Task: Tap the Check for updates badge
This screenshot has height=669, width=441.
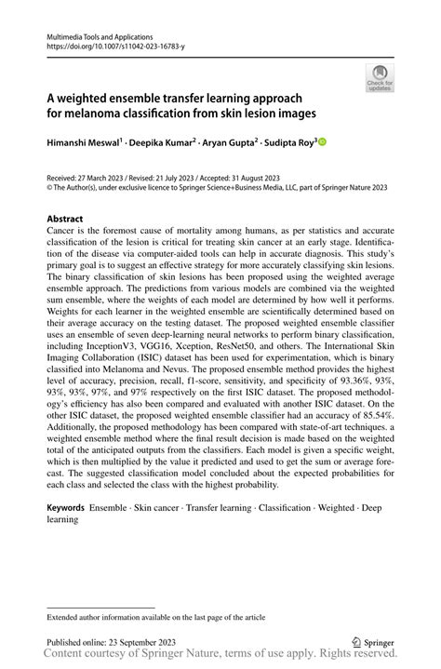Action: pyautogui.click(x=379, y=80)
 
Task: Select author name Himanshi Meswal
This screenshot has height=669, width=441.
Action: pyautogui.click(x=87, y=143)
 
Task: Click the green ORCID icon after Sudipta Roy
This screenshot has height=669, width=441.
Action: pyautogui.click(x=324, y=142)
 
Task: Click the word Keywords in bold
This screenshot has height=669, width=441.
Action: pyautogui.click(x=65, y=510)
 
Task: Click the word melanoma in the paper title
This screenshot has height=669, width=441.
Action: pyautogui.click(x=89, y=114)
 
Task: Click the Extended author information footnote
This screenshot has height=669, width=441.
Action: pyautogui.click(x=149, y=616)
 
